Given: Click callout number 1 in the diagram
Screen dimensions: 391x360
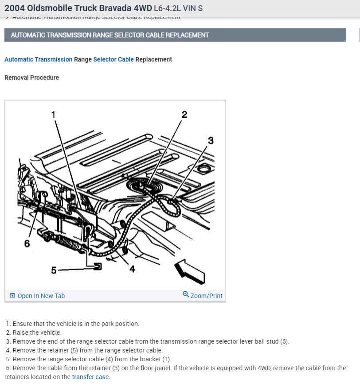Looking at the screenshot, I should [53, 114].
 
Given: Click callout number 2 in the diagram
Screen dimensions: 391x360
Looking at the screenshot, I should [184, 114].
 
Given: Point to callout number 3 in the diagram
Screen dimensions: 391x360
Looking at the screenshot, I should [211, 140].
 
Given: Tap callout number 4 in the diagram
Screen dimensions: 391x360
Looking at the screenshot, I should [132, 269].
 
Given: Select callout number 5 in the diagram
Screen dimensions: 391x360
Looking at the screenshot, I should [54, 270].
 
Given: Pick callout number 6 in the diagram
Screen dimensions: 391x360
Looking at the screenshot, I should [27, 243].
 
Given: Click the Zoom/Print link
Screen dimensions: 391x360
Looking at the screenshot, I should [206, 296].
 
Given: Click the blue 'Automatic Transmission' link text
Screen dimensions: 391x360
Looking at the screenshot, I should [38, 59].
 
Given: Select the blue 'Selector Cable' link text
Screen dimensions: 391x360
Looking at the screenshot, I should [113, 59].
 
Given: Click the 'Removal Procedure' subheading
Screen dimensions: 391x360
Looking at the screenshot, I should [31, 77].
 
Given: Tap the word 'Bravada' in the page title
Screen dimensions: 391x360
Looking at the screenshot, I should [113, 8].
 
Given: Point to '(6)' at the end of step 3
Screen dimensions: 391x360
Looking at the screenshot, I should [284, 341].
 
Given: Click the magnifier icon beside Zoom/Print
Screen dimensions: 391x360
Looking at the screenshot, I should [186, 294].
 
